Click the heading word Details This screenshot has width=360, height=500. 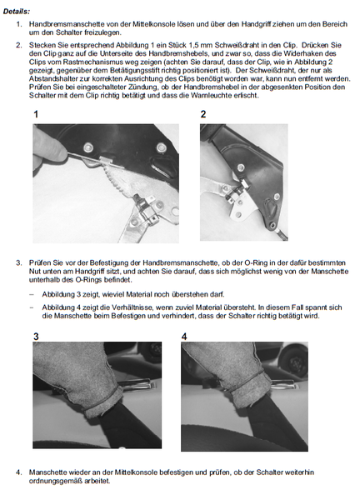coord(17,12)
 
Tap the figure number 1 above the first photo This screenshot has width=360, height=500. coord(36,114)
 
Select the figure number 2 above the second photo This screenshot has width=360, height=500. coord(203,114)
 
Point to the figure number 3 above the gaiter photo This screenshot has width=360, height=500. coord(36,337)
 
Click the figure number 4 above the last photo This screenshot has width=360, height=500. coord(184,337)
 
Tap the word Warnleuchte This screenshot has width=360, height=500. coord(211,95)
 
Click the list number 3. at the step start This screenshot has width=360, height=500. coord(19,262)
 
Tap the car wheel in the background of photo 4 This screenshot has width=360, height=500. coord(292,360)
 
